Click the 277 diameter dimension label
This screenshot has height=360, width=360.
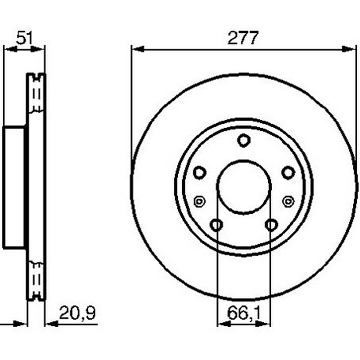click(243, 38)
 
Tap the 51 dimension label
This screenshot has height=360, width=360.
click(25, 38)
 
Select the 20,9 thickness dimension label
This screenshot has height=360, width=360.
click(77, 313)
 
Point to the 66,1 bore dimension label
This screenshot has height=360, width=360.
click(244, 313)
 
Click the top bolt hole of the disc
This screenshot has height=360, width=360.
click(243, 140)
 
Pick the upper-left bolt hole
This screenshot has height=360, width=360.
click(199, 172)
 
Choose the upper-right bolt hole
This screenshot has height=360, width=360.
click(288, 172)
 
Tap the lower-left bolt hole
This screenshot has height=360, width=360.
click(216, 225)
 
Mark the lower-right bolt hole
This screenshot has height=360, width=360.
click(271, 225)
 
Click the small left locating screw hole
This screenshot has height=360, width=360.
click(199, 202)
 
